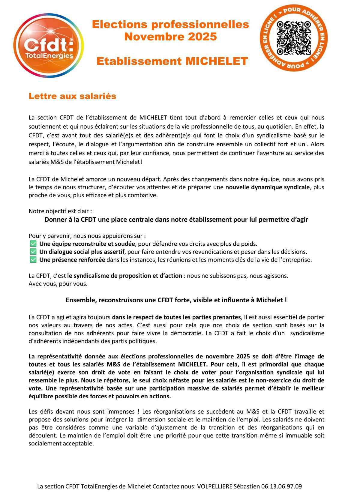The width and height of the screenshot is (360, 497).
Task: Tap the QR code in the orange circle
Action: tap(293, 38)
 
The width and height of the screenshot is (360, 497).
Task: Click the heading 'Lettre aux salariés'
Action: tap(72, 96)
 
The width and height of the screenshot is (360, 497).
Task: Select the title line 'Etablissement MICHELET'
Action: tap(172, 61)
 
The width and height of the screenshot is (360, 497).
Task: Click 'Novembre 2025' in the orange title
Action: tap(170, 37)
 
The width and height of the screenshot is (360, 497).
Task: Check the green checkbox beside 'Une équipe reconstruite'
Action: tap(33, 244)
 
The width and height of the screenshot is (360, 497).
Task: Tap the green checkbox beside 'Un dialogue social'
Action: tap(33, 252)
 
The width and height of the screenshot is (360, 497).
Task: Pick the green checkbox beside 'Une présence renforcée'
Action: tap(33, 260)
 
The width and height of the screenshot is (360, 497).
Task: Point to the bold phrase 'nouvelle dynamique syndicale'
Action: tap(267, 187)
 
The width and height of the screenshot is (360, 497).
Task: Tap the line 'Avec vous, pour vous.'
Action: tap(58, 284)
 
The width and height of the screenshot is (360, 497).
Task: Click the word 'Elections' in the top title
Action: tap(119, 25)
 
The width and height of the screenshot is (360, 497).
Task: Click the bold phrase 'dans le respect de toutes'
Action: tap(145, 317)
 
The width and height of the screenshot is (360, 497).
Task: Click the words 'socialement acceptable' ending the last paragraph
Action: tap(61, 444)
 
